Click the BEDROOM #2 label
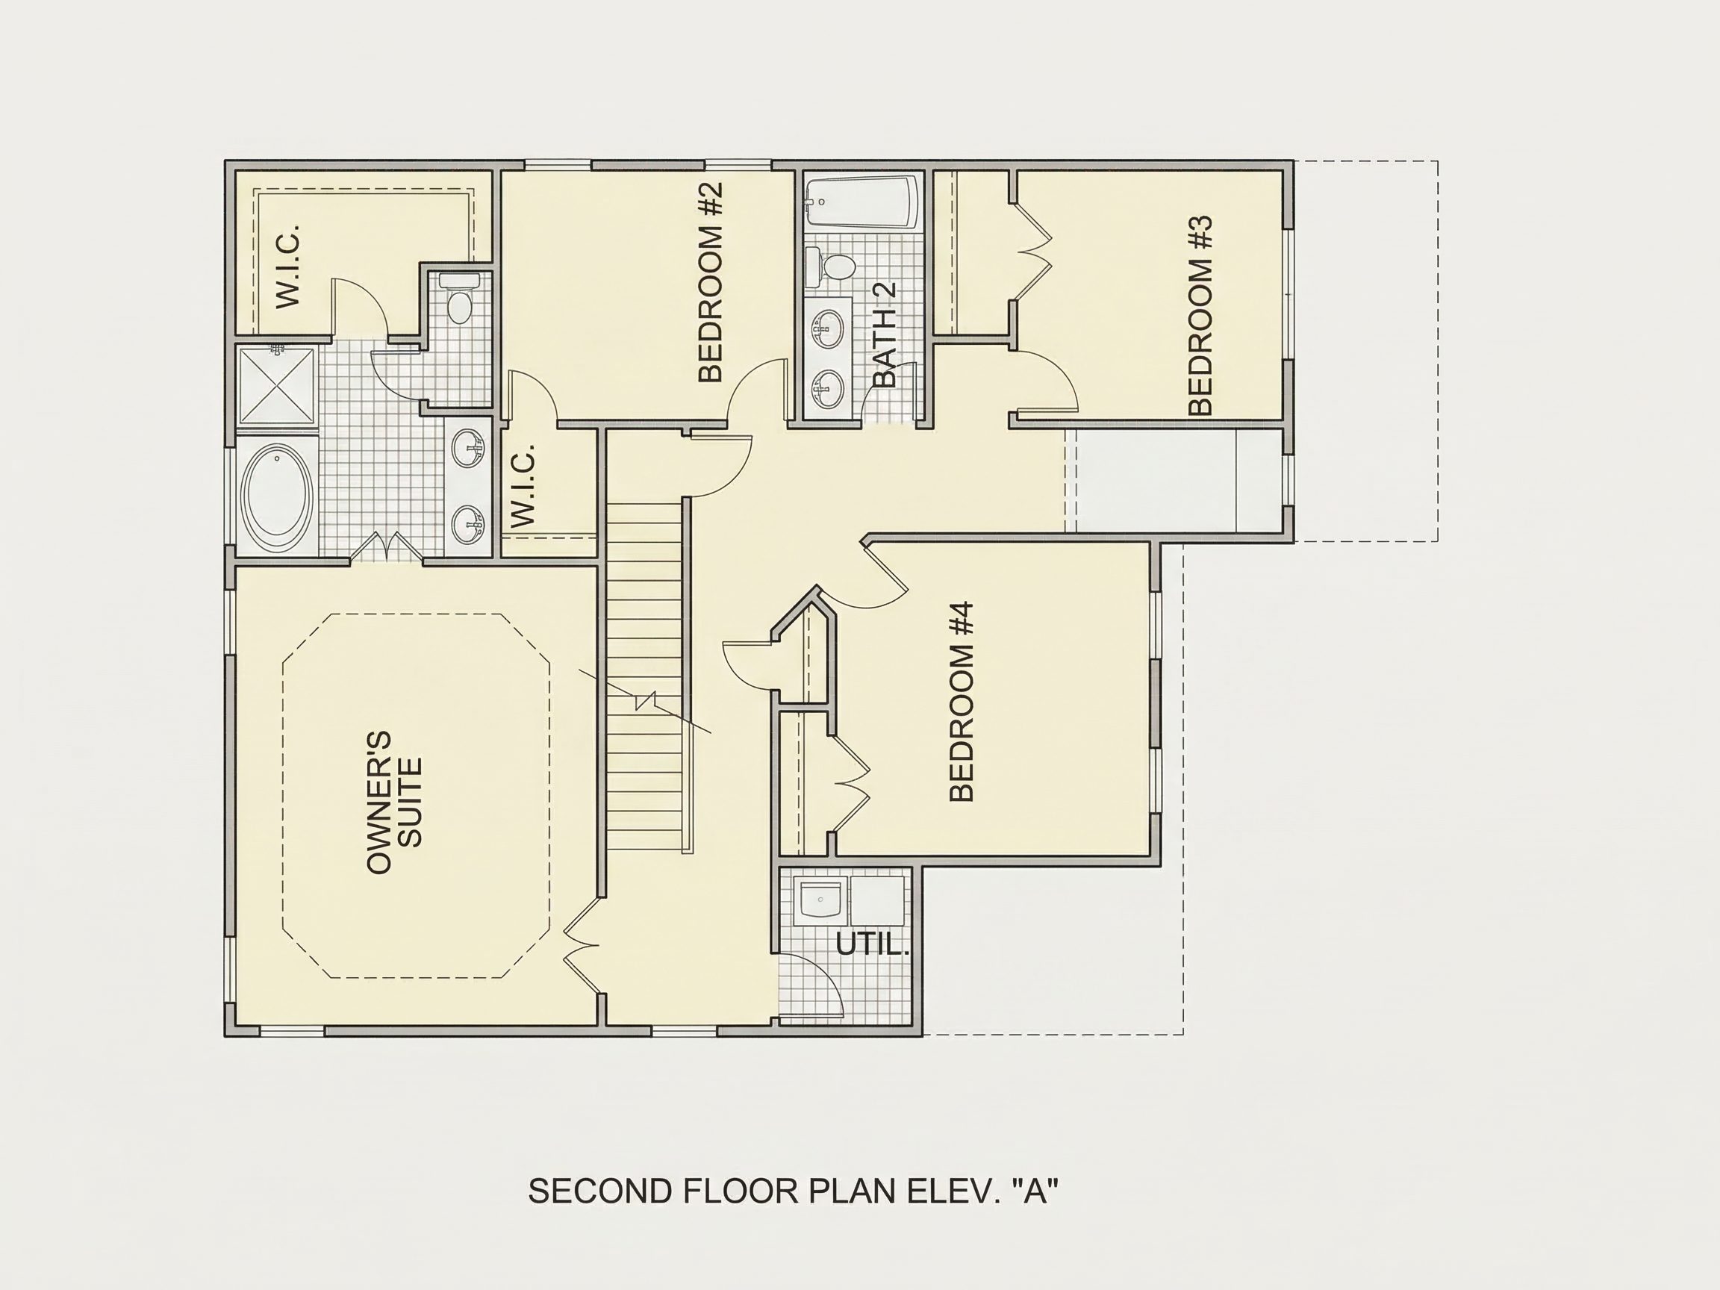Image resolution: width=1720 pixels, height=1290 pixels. click(x=711, y=281)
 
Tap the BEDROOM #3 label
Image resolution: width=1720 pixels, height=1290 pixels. click(x=1200, y=315)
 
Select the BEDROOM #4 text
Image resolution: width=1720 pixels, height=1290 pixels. click(x=962, y=702)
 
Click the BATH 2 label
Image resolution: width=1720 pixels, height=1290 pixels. click(x=884, y=334)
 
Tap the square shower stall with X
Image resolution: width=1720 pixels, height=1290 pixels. click(x=277, y=387)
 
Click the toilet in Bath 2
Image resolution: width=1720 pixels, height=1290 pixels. click(x=829, y=266)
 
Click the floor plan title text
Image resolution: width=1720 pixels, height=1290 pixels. click(x=793, y=1191)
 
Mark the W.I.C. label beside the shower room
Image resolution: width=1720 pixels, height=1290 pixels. click(x=288, y=266)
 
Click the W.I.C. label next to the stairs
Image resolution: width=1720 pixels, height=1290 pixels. click(x=523, y=485)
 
